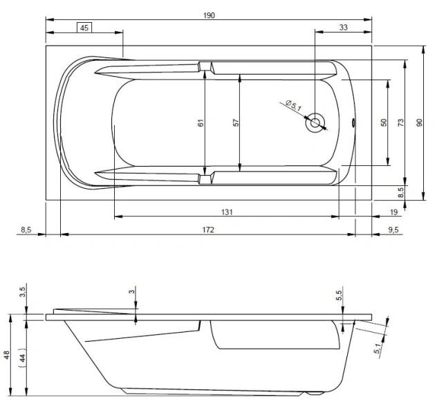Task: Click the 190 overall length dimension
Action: click(x=210, y=15)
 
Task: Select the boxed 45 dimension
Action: click(x=84, y=28)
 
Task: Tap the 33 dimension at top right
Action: click(x=344, y=28)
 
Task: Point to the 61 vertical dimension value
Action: click(x=201, y=122)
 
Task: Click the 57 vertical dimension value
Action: click(x=236, y=122)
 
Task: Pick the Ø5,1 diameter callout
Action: click(x=292, y=105)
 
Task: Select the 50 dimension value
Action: click(x=384, y=122)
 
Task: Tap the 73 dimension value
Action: click(x=401, y=122)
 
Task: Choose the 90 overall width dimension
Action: click(x=419, y=122)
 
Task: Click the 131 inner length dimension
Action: click(x=225, y=212)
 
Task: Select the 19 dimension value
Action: click(x=393, y=212)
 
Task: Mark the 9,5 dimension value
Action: click(x=393, y=229)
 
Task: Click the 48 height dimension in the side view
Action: click(x=7, y=355)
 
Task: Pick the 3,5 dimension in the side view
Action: click(x=23, y=290)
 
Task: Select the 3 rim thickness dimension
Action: click(x=131, y=292)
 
